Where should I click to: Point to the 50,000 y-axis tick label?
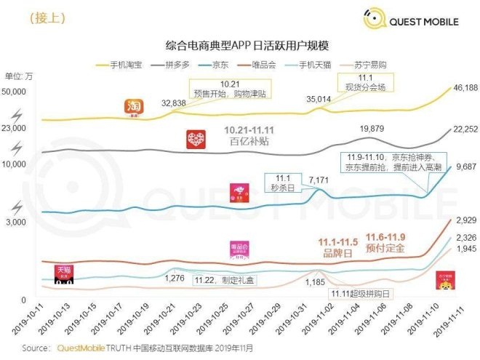(15, 91)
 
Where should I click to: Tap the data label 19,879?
(372, 129)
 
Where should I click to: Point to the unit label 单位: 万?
(19, 76)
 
